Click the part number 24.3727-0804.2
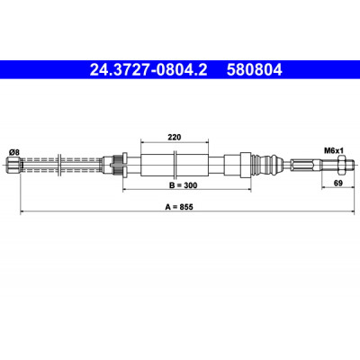tap(148, 70)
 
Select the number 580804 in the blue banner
tap(255, 70)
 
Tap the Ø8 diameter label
tap(14, 152)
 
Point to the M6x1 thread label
tap(333, 150)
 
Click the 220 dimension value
tap(175, 138)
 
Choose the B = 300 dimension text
tap(184, 185)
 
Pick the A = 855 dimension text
tap(179, 207)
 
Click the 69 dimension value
tap(338, 183)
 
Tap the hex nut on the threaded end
tap(341, 164)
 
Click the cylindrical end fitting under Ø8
tap(13, 165)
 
